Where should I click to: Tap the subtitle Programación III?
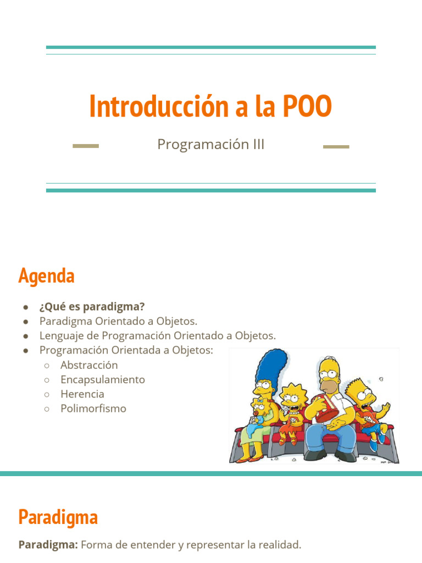point(211,144)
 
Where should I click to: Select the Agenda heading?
point(46,275)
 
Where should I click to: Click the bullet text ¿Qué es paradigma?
point(92,306)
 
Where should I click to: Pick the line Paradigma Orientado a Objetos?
point(118,321)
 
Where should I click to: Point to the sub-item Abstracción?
point(89,365)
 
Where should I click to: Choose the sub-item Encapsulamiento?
point(103,379)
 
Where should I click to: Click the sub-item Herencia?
point(82,394)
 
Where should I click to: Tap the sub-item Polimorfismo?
point(93,409)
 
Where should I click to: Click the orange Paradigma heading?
point(58,517)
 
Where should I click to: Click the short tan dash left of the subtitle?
point(86,146)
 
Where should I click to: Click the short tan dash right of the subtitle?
point(336,147)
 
